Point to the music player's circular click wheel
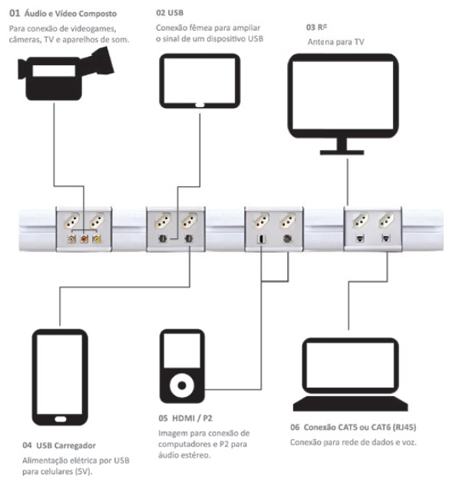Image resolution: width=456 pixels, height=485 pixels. pyautogui.click(x=181, y=383)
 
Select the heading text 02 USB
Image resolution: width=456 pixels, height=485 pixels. pyautogui.click(x=170, y=13)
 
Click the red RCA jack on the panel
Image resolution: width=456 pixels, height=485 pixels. pyautogui.click(x=84, y=238)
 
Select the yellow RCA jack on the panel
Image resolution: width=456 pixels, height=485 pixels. pyautogui.click(x=96, y=238)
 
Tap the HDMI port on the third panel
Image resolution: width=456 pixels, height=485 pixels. pyautogui.click(x=261, y=238)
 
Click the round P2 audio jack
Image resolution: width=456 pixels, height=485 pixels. pyautogui.click(x=286, y=238)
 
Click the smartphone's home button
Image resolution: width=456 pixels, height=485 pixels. pyautogui.click(x=59, y=420)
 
